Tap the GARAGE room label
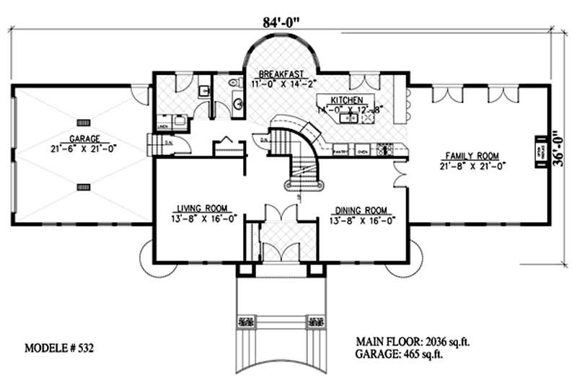click(x=84, y=139)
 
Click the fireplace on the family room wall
click(x=538, y=152)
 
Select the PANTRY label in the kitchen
click(x=340, y=153)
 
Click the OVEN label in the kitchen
click(x=363, y=153)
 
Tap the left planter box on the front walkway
click(x=245, y=322)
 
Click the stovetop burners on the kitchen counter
click(x=384, y=150)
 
